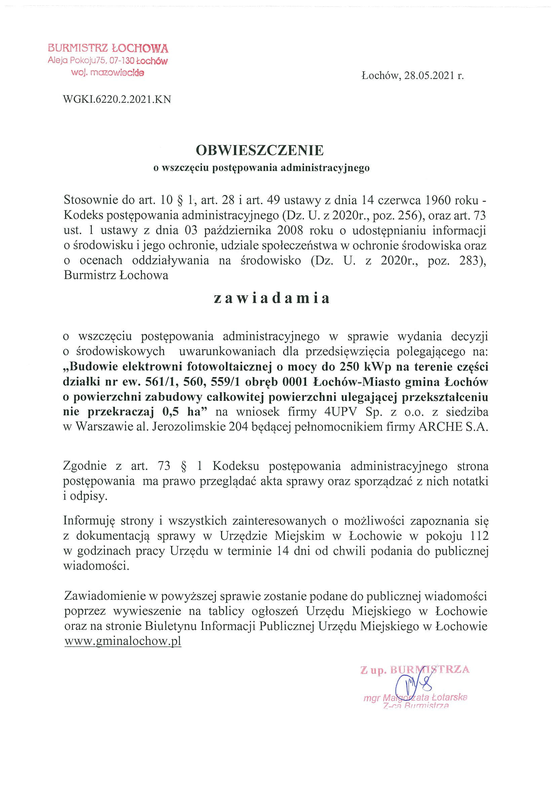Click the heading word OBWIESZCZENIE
260,150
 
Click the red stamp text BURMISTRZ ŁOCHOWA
108,48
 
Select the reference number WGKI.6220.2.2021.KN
117,100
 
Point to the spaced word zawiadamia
271,298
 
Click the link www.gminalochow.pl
123,641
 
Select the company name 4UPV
341,412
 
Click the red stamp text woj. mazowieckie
108,73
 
